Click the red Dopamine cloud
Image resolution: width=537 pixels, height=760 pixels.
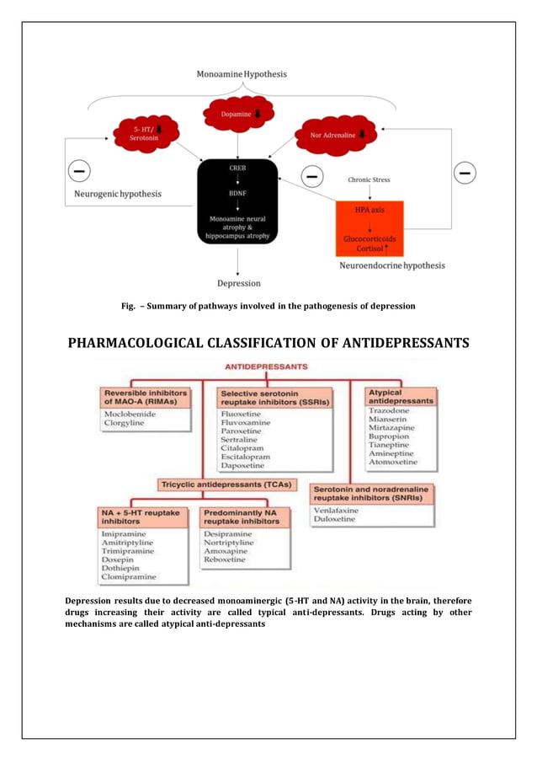point(238,113)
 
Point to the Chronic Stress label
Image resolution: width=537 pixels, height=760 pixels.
point(369,179)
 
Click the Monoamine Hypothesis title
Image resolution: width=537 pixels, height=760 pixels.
point(242,74)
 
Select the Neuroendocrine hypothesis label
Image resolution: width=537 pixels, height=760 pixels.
point(391,265)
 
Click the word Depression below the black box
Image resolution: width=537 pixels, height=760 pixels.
point(239,283)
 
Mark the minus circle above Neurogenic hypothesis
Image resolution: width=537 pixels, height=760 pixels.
point(80,172)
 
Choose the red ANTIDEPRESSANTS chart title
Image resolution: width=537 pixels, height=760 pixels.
point(266,367)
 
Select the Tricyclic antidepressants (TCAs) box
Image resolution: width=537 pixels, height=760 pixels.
point(226,484)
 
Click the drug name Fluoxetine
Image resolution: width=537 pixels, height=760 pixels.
point(242,415)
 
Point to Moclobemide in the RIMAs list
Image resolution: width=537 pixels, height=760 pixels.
point(129,415)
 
